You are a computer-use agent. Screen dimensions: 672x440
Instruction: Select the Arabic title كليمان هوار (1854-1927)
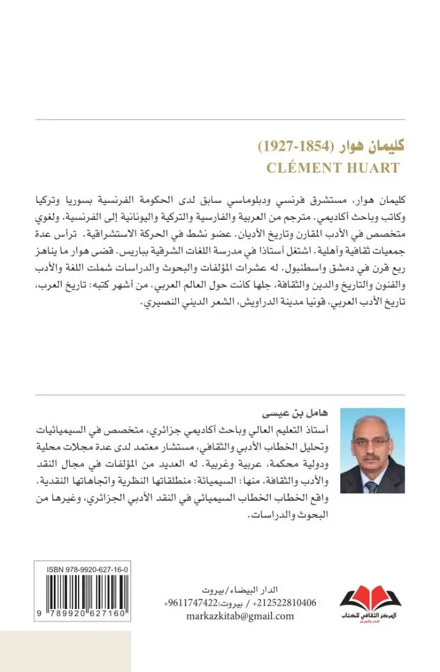333,145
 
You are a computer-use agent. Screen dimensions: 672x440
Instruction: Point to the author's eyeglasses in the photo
372,442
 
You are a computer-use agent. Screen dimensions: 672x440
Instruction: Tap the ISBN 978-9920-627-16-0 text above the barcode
87,571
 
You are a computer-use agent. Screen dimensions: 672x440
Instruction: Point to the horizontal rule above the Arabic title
220,119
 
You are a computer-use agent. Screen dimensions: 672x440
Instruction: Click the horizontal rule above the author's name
220,395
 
